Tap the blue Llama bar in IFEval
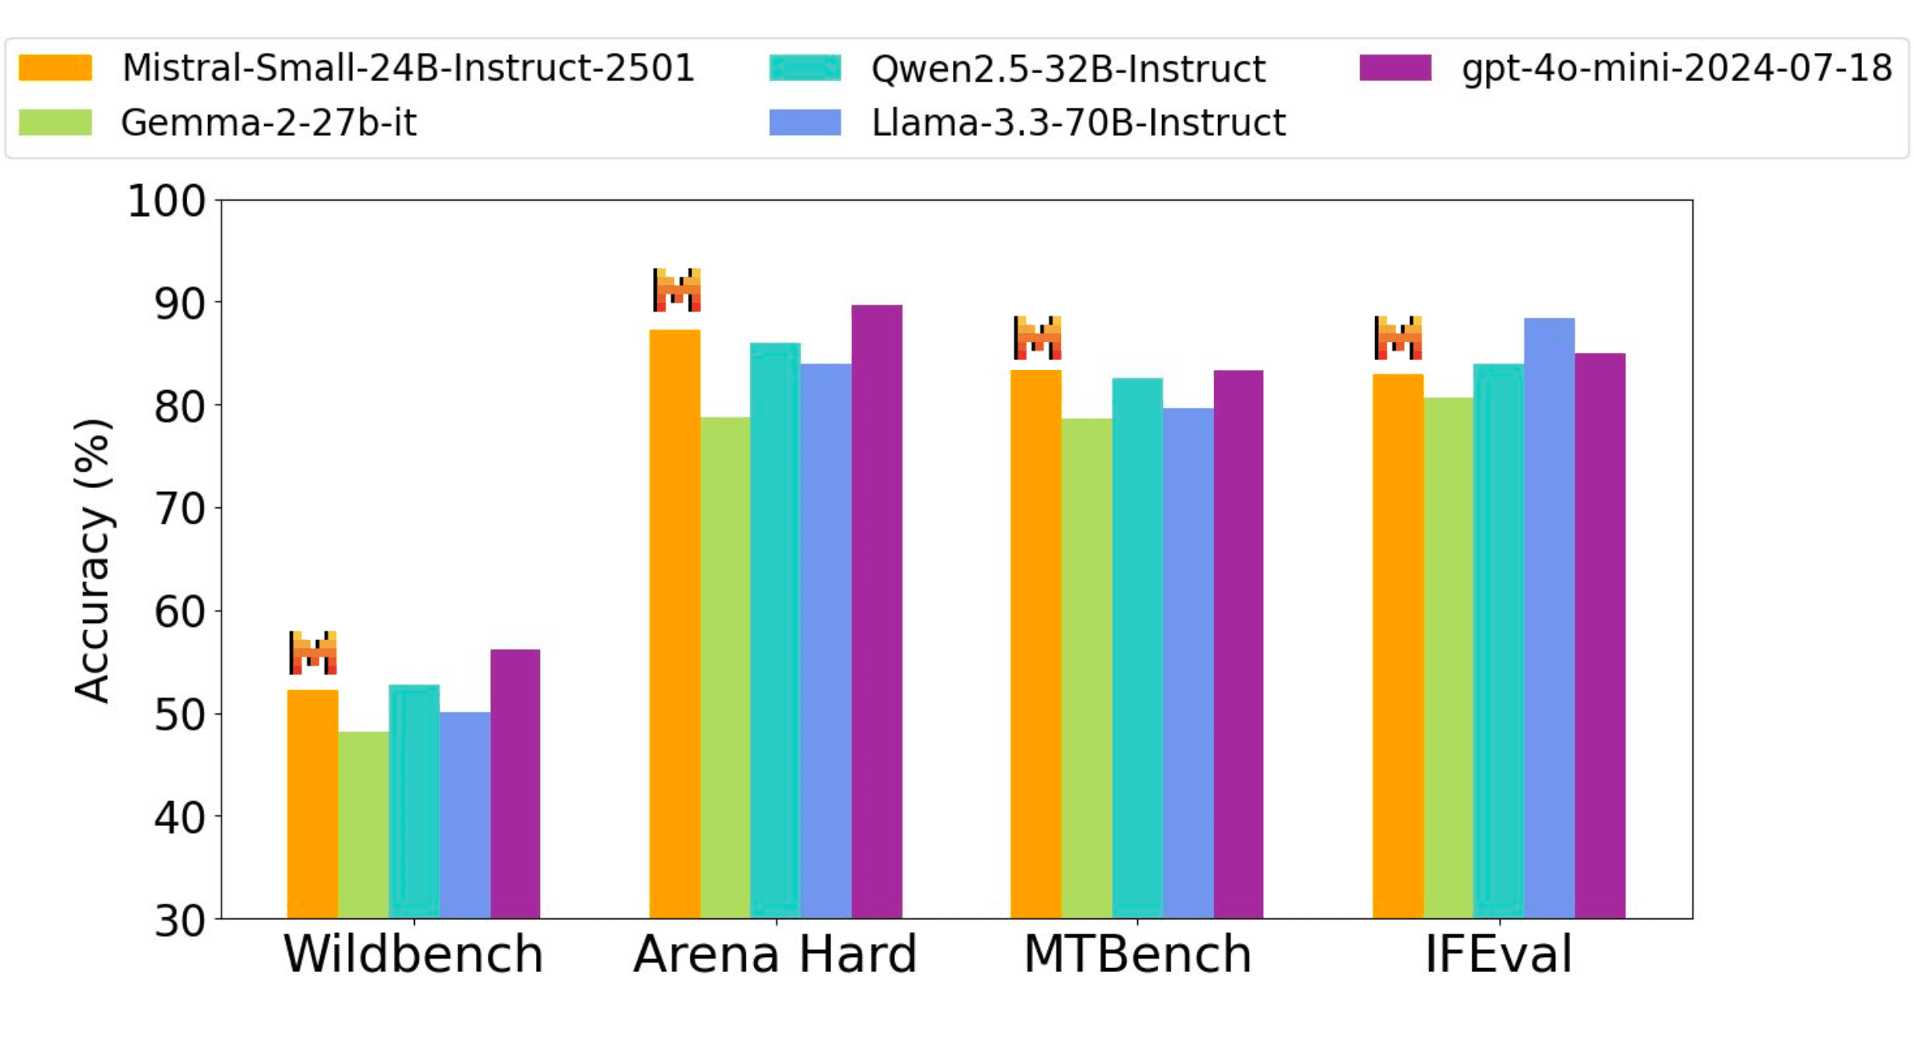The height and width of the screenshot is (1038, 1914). click(1549, 618)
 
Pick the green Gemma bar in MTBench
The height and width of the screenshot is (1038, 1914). click(1086, 668)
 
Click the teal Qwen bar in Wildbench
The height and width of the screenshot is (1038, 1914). click(414, 801)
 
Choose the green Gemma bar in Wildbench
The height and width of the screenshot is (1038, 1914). click(364, 824)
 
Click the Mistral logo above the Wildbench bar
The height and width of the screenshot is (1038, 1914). click(313, 653)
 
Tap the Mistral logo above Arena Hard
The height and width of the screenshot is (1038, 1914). click(677, 290)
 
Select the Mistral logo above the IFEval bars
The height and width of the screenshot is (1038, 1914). click(1397, 338)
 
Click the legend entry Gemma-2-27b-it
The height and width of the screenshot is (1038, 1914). click(268, 123)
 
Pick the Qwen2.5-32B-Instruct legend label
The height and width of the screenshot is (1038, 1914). click(1068, 68)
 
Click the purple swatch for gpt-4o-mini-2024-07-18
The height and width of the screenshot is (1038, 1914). click(1395, 68)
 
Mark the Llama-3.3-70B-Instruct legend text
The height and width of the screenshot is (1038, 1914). click(1078, 123)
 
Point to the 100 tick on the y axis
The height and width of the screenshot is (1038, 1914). click(167, 201)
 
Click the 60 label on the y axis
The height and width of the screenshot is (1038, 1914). click(179, 611)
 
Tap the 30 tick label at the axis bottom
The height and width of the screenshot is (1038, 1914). click(179, 921)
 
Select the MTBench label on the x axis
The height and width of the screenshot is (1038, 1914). click(1137, 954)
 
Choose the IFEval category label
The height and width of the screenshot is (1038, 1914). click(1498, 954)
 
